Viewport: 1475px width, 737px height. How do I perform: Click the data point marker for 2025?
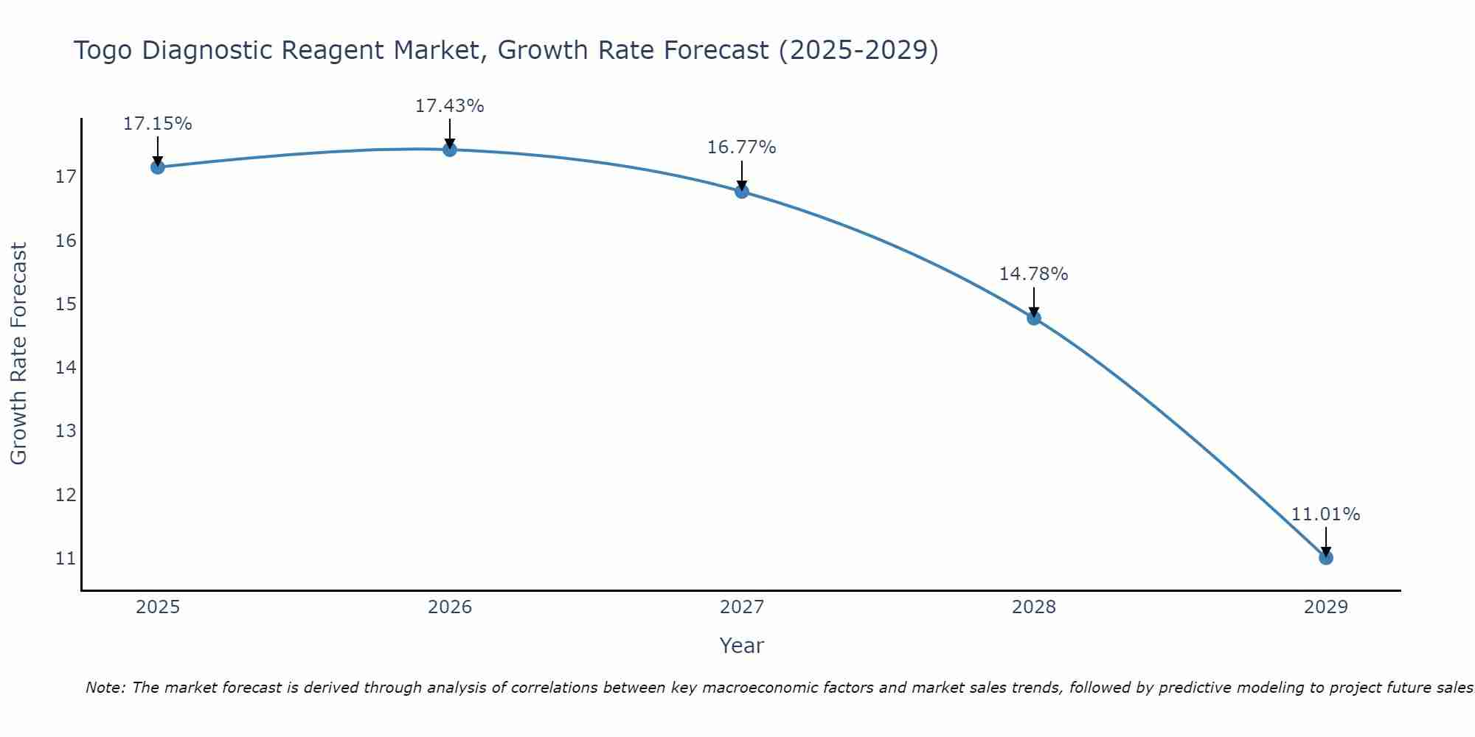[x=157, y=167]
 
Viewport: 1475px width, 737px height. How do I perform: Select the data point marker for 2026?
[x=450, y=150]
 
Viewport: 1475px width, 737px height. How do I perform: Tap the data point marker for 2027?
[x=742, y=192]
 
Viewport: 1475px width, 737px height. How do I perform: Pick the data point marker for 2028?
[x=1034, y=318]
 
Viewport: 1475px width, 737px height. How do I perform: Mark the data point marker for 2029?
[x=1325, y=558]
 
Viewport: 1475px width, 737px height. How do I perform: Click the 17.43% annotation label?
[x=449, y=106]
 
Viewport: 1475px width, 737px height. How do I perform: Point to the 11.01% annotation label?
[x=1325, y=514]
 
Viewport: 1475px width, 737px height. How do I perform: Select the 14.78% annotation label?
[x=1033, y=274]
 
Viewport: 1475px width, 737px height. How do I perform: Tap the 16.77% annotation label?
[x=741, y=147]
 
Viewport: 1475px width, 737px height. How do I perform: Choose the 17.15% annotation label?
[x=157, y=124]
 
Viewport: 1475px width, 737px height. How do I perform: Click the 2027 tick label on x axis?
[x=742, y=607]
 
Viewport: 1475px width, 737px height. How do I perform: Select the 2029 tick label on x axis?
[x=1325, y=607]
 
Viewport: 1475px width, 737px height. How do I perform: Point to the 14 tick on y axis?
[x=66, y=367]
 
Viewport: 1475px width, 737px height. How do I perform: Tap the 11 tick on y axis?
[x=66, y=558]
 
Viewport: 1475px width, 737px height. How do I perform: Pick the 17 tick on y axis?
[x=66, y=177]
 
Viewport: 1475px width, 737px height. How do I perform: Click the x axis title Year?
[x=741, y=646]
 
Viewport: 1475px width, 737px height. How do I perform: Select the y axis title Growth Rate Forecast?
[x=18, y=354]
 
